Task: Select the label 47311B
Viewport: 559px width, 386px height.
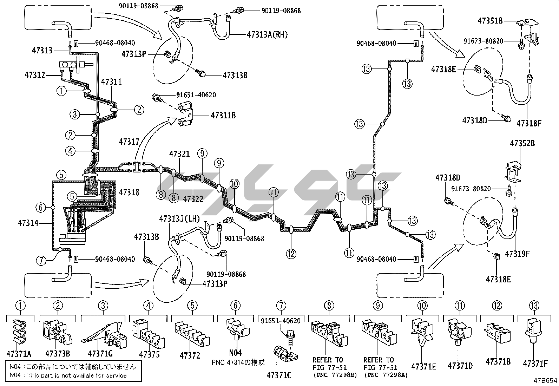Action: tap(223, 115)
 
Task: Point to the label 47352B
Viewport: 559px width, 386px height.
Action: tap(522, 143)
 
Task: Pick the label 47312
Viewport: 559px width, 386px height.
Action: tap(35, 75)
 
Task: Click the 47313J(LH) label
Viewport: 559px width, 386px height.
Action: tap(179, 219)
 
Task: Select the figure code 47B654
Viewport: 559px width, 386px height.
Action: tap(545, 380)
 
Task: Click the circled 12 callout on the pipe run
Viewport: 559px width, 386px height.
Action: tap(291, 254)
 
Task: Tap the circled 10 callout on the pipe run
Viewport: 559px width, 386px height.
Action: tap(235, 184)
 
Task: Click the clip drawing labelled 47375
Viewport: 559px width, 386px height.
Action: tap(148, 333)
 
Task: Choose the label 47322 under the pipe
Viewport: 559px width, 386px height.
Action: tap(193, 199)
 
